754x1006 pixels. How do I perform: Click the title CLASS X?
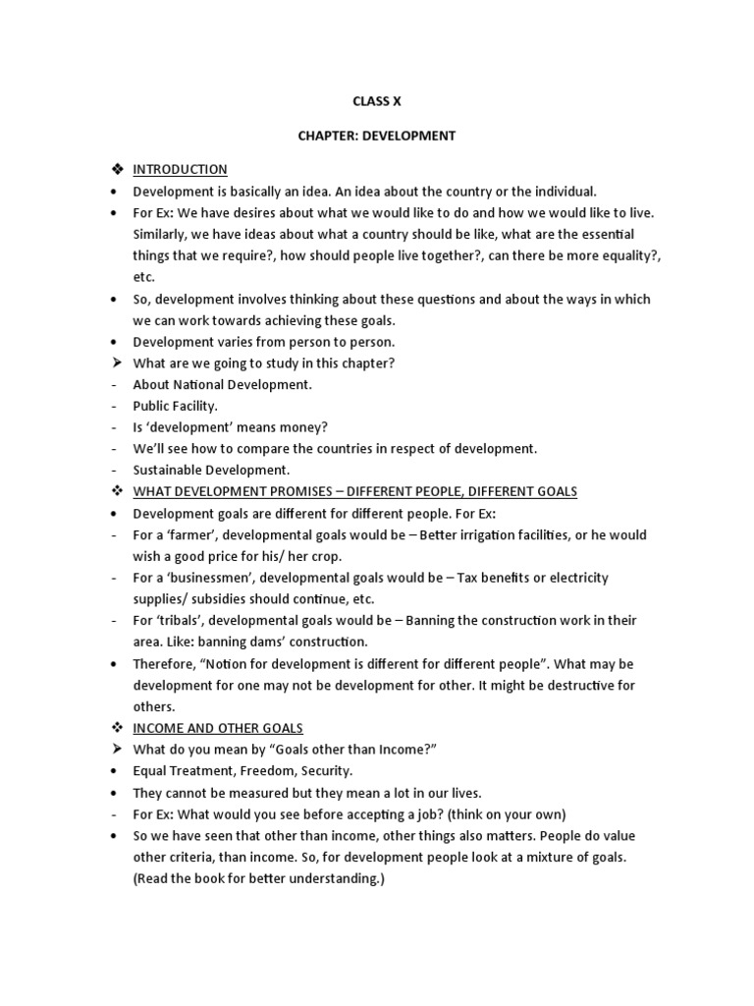(376, 100)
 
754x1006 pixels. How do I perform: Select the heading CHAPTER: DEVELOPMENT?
(376, 136)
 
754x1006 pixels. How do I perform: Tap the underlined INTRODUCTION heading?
(180, 170)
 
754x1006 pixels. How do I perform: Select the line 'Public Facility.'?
(176, 406)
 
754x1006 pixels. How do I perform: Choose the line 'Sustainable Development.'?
(211, 470)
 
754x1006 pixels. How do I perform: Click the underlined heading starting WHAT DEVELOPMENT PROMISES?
(354, 491)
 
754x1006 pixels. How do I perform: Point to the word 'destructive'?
(581, 686)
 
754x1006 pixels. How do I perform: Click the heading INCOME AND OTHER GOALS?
(218, 728)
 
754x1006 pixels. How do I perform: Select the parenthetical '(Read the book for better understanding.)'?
(259, 879)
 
